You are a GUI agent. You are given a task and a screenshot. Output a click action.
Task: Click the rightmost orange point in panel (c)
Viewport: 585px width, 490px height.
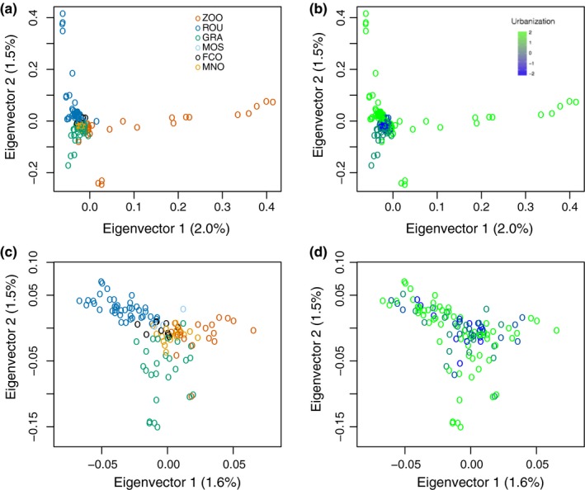click(x=253, y=331)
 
